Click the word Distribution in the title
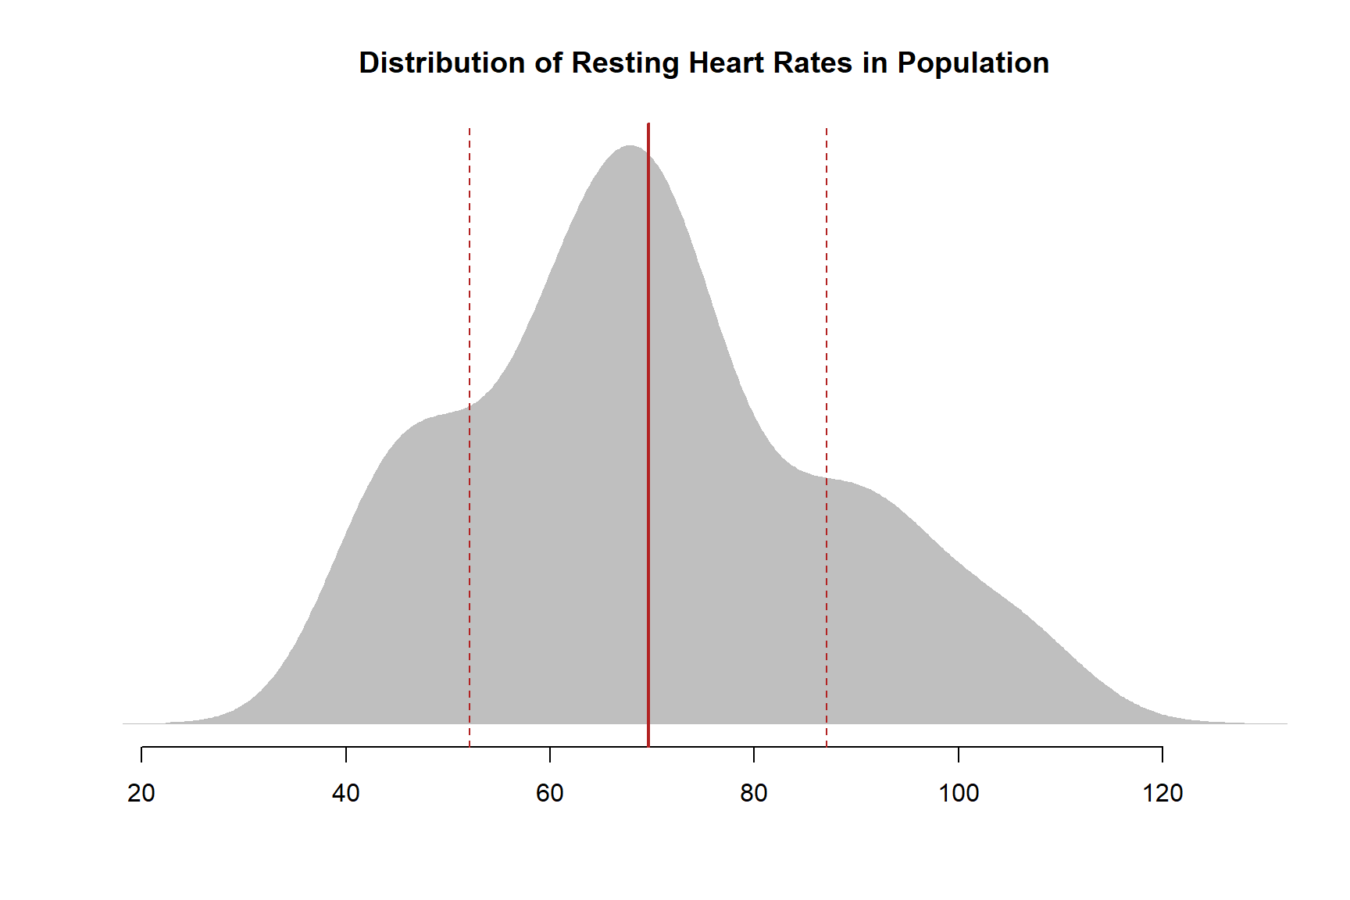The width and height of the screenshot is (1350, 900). pos(441,63)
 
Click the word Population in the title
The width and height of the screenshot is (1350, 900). pos(973,63)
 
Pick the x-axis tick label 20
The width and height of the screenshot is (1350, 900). pos(141,794)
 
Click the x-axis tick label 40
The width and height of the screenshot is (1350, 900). pos(345,794)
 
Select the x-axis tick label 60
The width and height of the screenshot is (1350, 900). pos(550,794)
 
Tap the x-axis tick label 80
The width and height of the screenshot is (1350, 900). pos(754,794)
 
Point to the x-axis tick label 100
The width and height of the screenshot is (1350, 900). pos(959,794)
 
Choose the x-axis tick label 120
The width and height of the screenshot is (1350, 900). pos(1162,794)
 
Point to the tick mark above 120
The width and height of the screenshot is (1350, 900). pos(1162,754)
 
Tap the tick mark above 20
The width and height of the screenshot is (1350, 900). pos(141,754)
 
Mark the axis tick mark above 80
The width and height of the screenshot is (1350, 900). pos(754,754)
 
